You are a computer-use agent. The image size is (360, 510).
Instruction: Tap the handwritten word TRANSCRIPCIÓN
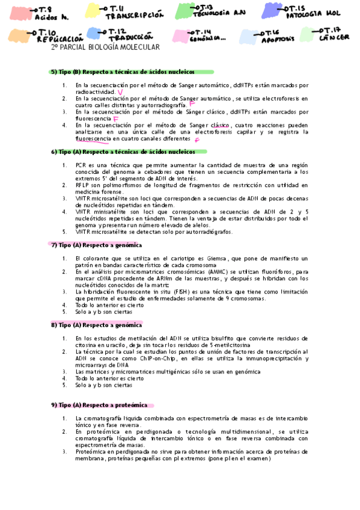point(134,16)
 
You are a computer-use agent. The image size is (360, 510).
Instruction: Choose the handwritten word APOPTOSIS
point(278,38)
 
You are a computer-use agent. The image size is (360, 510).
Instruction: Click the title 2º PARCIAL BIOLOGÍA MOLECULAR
point(105,48)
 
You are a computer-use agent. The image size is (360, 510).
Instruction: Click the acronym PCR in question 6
point(81,164)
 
